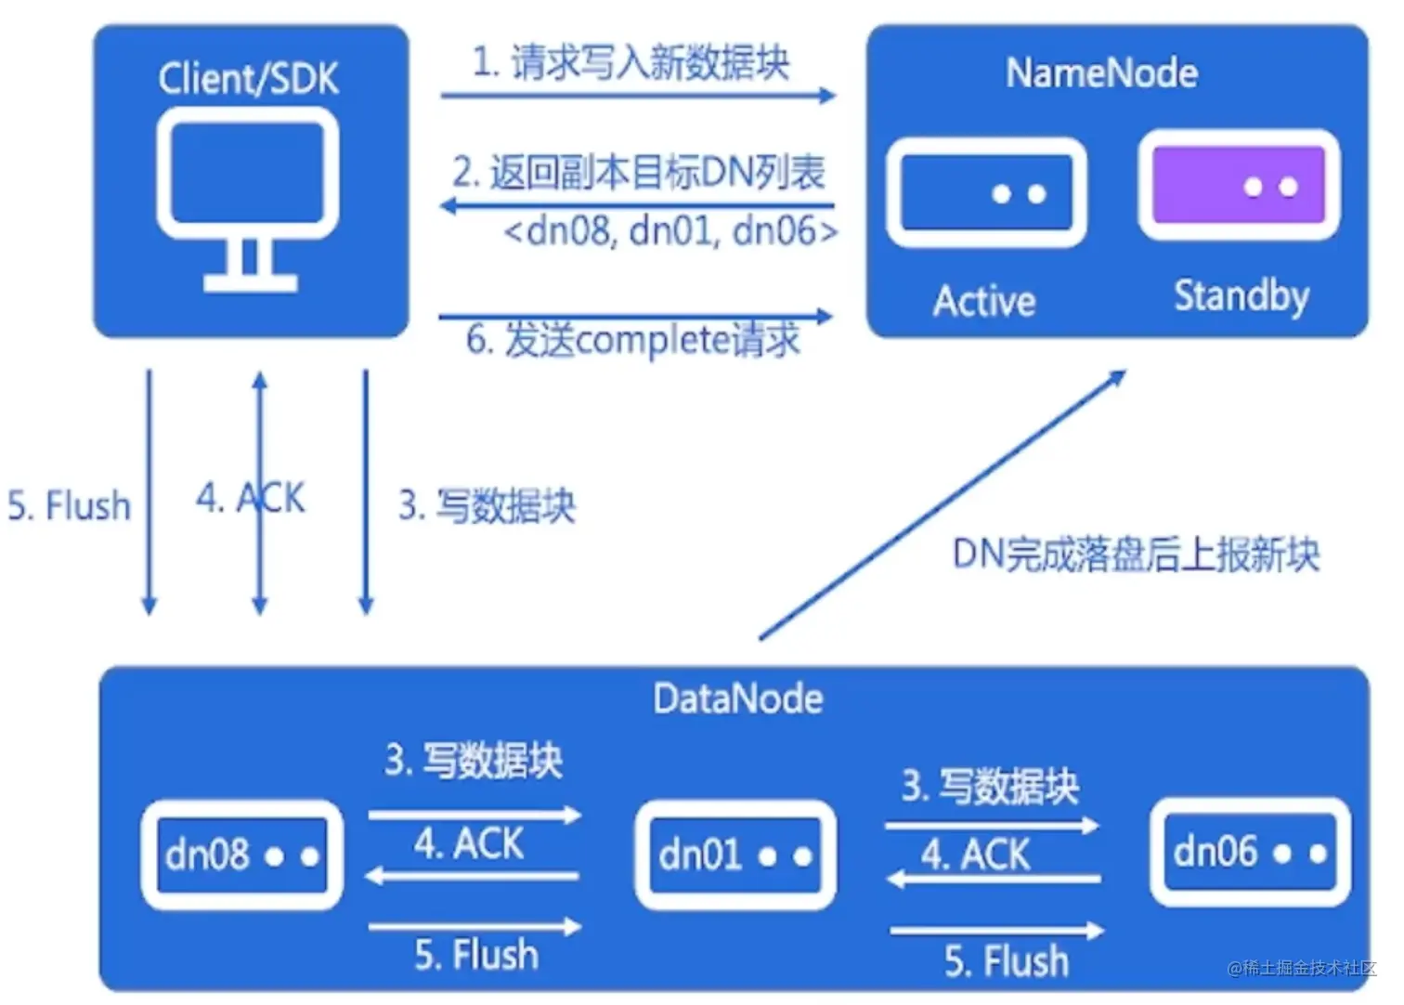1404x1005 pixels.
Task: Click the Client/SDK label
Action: click(x=248, y=79)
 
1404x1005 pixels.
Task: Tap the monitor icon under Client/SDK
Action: click(x=248, y=195)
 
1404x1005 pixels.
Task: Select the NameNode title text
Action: click(x=1101, y=73)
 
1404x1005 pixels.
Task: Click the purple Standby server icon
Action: click(x=1239, y=185)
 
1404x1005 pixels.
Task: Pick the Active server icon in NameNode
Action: click(x=986, y=192)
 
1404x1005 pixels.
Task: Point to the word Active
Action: click(x=984, y=302)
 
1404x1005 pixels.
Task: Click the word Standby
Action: click(x=1241, y=296)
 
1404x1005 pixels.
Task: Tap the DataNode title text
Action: click(x=737, y=699)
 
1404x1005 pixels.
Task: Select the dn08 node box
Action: click(x=242, y=855)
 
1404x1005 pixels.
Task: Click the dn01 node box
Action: click(x=735, y=855)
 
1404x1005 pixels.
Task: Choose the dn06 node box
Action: click(x=1250, y=852)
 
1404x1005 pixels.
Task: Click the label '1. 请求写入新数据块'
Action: click(x=630, y=63)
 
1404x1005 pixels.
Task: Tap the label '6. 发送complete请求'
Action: click(x=632, y=341)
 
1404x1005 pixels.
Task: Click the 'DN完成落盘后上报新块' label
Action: click(x=1136, y=555)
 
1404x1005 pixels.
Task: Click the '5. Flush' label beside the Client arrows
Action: click(x=70, y=506)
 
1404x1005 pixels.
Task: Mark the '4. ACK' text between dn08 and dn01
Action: click(x=469, y=844)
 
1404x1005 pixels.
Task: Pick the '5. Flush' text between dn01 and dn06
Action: click(x=1007, y=960)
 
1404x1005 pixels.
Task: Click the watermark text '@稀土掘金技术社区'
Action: click(x=1301, y=968)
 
